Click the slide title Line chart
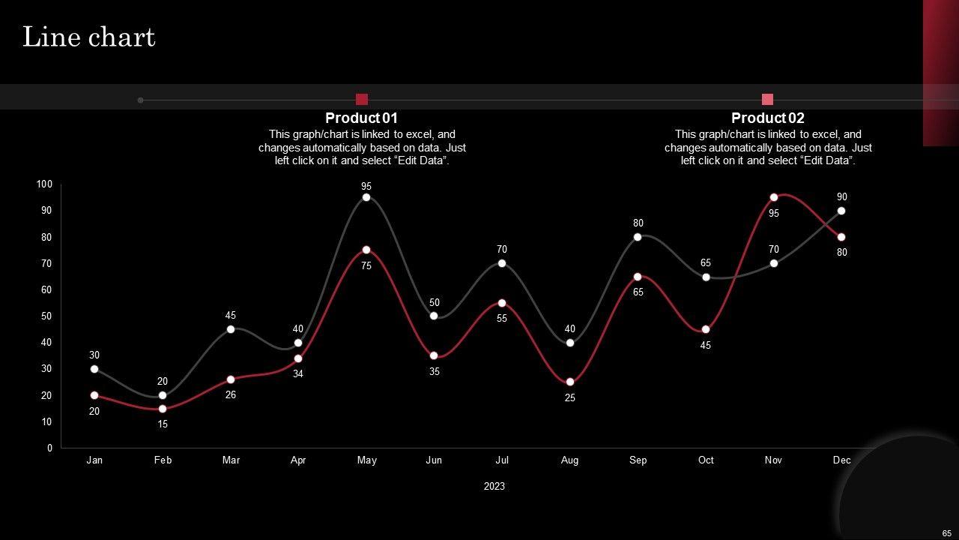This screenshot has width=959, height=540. (x=88, y=37)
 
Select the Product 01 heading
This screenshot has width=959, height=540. (x=361, y=118)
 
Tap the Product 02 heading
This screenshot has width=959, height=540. (x=767, y=118)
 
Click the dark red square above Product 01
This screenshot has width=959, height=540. (x=362, y=99)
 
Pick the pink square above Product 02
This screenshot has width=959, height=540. (x=767, y=99)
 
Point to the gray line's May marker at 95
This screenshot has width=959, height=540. (x=366, y=197)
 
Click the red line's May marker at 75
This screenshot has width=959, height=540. (x=366, y=250)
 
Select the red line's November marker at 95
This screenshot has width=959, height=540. (x=774, y=197)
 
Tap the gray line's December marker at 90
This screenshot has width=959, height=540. (x=841, y=211)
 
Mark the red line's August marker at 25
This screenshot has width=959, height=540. (x=570, y=382)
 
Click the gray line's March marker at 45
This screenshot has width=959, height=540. (x=231, y=329)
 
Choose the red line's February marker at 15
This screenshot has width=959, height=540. (x=163, y=409)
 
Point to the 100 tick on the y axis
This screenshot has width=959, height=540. (x=44, y=184)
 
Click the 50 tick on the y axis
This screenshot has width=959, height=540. (x=46, y=316)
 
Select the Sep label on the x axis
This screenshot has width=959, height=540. (x=638, y=460)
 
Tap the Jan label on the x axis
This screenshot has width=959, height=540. (x=94, y=460)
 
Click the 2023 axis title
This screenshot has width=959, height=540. (x=494, y=486)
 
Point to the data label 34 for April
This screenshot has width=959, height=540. (x=298, y=373)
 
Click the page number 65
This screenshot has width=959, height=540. (x=947, y=533)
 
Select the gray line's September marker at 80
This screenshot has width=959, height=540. (x=638, y=237)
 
